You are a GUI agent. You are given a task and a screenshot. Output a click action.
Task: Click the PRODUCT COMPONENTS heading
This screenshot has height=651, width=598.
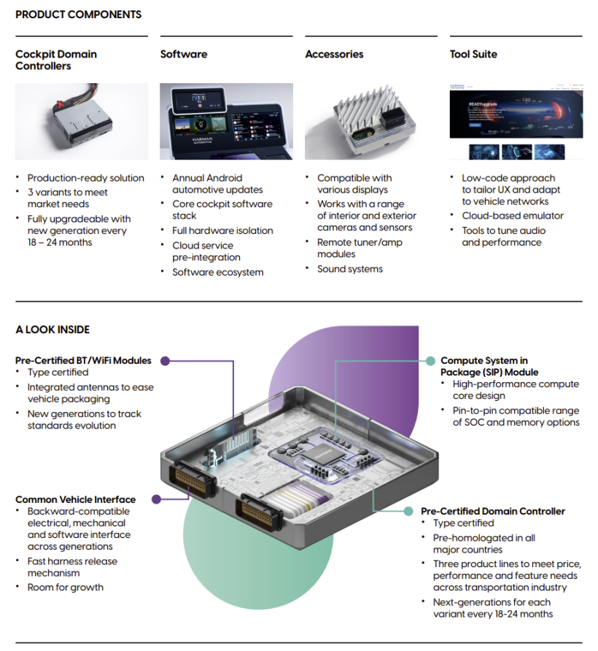point(78,15)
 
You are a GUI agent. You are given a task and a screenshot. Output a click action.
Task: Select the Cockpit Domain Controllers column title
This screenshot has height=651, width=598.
point(56,60)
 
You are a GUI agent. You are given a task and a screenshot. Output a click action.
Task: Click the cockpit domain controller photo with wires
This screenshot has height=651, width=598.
point(81,121)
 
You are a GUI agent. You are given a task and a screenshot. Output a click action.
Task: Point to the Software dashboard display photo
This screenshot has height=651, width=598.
point(226,121)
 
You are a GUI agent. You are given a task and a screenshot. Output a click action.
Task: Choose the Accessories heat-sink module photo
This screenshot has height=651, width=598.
point(370,121)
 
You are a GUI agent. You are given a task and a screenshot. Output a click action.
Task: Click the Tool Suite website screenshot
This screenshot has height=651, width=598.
point(516,121)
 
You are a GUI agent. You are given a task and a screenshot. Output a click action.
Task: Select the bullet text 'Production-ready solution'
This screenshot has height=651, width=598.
point(85,178)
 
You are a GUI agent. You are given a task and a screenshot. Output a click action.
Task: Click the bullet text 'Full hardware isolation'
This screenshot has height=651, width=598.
point(222,230)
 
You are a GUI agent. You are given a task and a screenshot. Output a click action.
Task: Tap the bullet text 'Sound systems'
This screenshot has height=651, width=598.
point(349,269)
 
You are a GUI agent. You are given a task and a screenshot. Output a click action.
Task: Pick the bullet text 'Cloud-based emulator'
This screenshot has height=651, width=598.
point(513,216)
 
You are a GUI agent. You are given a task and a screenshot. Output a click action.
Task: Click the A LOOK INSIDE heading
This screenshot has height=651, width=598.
point(53,330)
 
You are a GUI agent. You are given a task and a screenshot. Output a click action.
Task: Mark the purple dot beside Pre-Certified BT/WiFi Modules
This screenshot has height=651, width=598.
point(166,360)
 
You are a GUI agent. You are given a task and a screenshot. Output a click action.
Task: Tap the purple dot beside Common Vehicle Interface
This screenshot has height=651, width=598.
point(155,499)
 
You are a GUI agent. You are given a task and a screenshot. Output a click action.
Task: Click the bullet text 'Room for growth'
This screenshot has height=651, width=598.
point(65,588)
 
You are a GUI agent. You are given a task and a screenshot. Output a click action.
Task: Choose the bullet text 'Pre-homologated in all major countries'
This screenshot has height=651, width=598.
point(484,543)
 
